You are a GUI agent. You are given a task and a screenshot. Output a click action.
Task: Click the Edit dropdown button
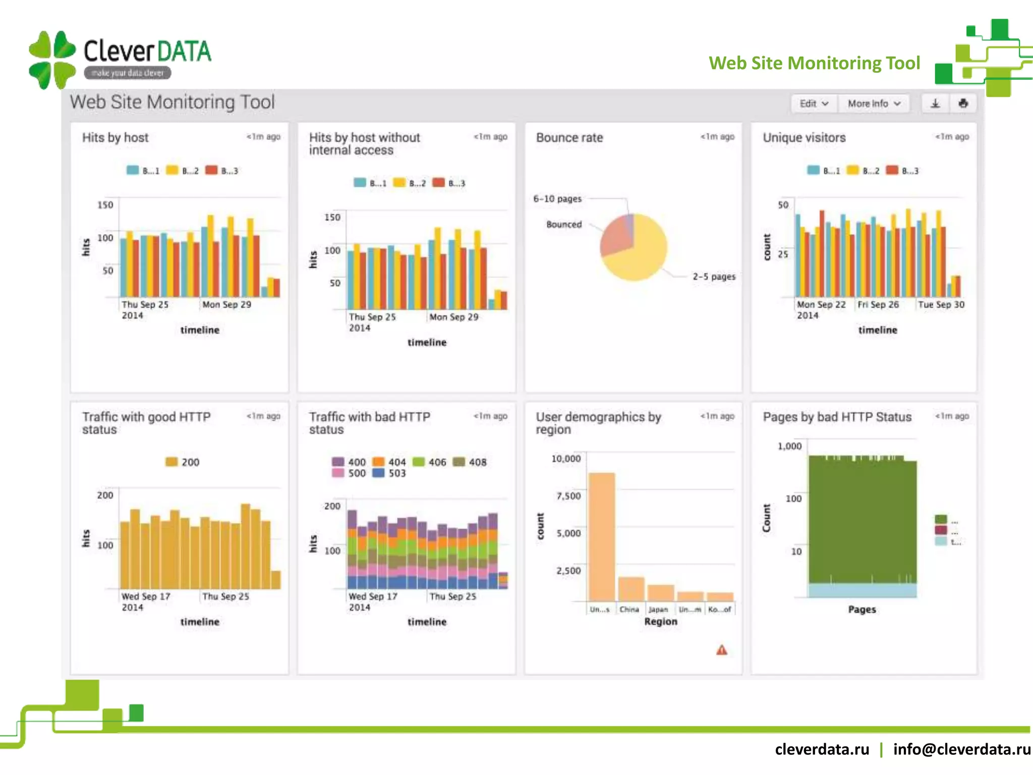coord(814,103)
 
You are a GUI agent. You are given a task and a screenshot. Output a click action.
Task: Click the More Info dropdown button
coord(874,103)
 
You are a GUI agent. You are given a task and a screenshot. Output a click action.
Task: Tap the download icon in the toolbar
coord(935,103)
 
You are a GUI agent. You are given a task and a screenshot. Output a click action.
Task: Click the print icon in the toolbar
coord(963,103)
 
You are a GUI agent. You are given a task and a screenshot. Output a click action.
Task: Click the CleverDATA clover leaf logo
coord(52,60)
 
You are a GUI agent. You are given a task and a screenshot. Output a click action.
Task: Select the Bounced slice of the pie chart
coord(616,237)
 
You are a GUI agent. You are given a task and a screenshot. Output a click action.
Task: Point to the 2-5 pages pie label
coord(714,276)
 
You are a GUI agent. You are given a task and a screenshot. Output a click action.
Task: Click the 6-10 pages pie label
coord(557,199)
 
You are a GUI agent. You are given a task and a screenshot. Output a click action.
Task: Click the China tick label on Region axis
coord(629,610)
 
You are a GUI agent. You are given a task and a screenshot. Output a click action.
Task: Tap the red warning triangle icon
coord(722,650)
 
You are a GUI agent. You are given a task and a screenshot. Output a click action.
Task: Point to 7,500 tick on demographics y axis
coord(568,496)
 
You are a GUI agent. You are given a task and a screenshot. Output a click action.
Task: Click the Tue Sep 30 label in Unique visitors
coord(941,304)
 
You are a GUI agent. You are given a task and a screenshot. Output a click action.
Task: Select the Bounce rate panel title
coord(569,138)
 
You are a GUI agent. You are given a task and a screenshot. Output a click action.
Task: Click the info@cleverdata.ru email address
coord(961,749)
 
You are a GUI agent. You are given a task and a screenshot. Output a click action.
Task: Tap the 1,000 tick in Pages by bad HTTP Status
coord(789,446)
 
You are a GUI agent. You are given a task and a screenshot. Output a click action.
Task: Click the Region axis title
coord(660,622)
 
